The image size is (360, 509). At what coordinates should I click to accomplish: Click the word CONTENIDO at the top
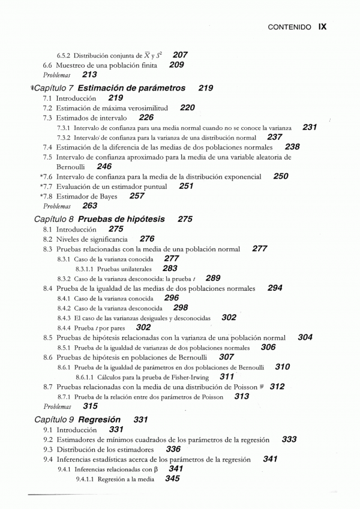(289, 27)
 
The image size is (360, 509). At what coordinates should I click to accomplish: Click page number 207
(179, 55)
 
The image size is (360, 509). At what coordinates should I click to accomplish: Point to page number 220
(187, 107)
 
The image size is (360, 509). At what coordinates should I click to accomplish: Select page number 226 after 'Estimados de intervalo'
(146, 118)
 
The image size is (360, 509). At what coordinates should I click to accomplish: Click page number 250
(280, 176)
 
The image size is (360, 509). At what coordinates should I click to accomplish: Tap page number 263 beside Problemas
(89, 206)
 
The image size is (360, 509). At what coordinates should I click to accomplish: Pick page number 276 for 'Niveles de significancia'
(147, 239)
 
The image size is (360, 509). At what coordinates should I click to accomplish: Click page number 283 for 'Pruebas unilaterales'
(170, 269)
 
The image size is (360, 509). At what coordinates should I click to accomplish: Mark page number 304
(305, 338)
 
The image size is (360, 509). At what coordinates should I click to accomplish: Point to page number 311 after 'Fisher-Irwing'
(227, 377)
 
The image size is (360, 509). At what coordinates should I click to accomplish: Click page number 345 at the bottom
(172, 479)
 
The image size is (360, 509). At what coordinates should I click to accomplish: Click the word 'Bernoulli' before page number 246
(71, 167)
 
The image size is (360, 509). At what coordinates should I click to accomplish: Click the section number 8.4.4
(64, 328)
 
